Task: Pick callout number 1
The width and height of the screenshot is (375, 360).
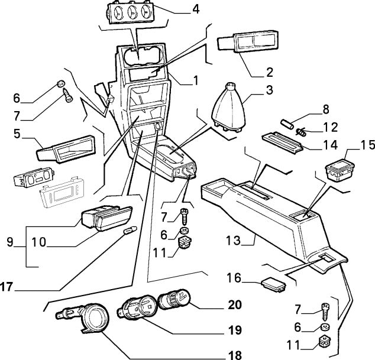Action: [195, 78]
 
